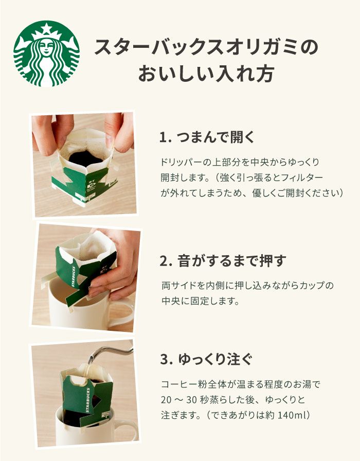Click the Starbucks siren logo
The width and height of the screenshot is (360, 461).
pos(47,54)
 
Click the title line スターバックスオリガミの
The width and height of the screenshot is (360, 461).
pos(206,47)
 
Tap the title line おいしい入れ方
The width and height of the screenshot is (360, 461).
pos(206,73)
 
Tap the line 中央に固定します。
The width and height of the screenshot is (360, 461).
pos(201,301)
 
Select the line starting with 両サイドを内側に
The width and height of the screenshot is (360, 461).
pos(247,285)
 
